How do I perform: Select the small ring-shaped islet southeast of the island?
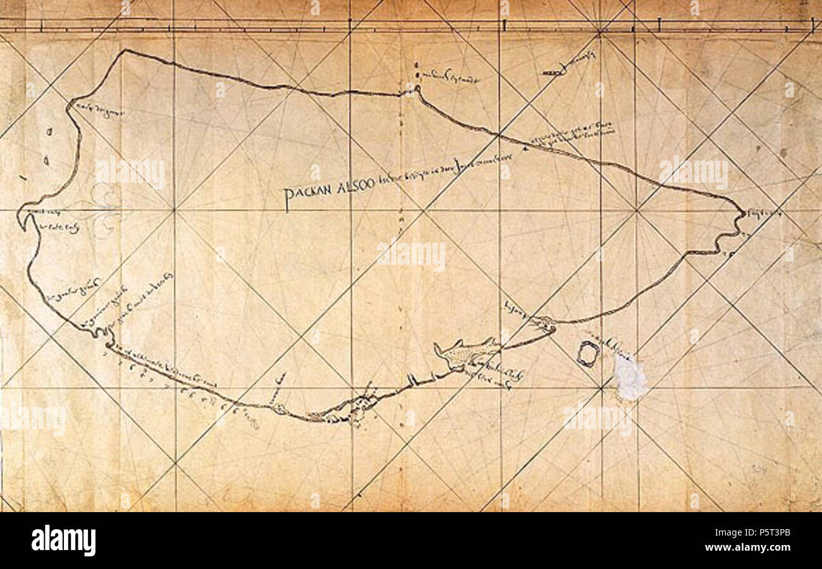[x=587, y=354]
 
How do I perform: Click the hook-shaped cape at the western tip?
[x=23, y=219]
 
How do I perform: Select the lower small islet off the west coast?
[x=46, y=161]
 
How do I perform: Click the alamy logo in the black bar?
[x=64, y=541]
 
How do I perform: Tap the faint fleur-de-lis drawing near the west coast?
[x=101, y=209]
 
